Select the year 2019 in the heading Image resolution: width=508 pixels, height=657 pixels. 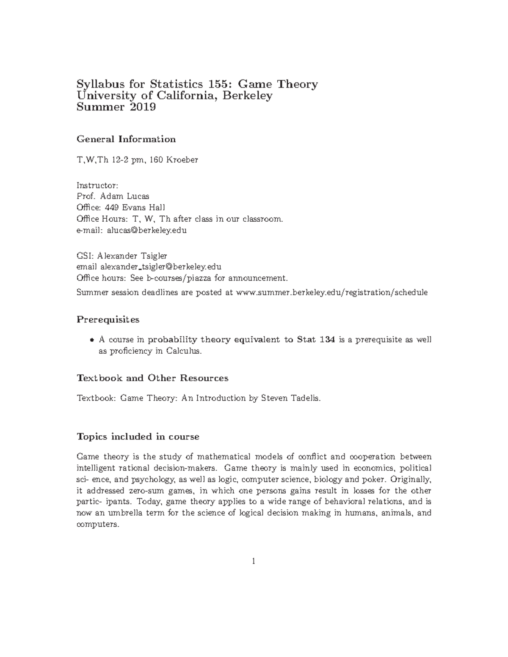coord(142,107)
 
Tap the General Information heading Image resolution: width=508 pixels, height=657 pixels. coord(126,139)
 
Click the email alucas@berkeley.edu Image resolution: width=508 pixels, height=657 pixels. coord(146,231)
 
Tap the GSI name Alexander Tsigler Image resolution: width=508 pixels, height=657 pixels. coord(132,256)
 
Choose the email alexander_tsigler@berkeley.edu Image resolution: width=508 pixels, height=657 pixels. coord(161,267)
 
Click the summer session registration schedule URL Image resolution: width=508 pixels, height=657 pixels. coord(331,292)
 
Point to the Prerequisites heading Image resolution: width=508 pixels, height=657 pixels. coord(108,319)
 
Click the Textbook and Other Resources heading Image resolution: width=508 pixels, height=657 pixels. coord(152,378)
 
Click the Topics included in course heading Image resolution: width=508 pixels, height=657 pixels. coord(138,436)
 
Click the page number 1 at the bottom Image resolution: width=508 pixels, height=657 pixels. coord(254,561)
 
